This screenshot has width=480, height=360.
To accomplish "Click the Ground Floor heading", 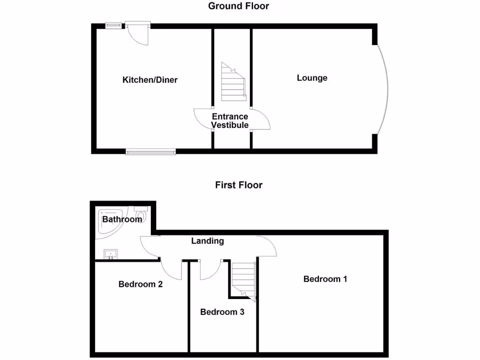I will [x=239, y=6].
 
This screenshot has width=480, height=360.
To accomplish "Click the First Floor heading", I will [x=239, y=185].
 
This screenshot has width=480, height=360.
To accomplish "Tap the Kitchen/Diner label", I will [x=150, y=80].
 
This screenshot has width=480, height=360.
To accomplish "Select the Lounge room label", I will [x=312, y=78].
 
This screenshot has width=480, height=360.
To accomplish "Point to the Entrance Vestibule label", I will [x=230, y=121].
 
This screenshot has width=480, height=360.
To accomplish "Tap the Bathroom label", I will [x=122, y=219].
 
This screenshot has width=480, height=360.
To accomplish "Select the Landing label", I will [x=208, y=241].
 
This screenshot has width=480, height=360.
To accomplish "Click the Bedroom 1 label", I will [x=325, y=279].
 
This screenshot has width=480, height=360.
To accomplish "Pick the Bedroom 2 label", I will [x=141, y=284].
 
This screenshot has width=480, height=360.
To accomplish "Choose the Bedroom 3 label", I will [x=222, y=312].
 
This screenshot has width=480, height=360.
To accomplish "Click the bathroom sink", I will [x=111, y=255].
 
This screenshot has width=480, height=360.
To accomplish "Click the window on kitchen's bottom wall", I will [x=150, y=151].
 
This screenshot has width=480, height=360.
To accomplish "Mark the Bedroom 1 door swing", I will [x=267, y=246].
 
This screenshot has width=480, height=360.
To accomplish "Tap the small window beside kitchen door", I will [x=113, y=25].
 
